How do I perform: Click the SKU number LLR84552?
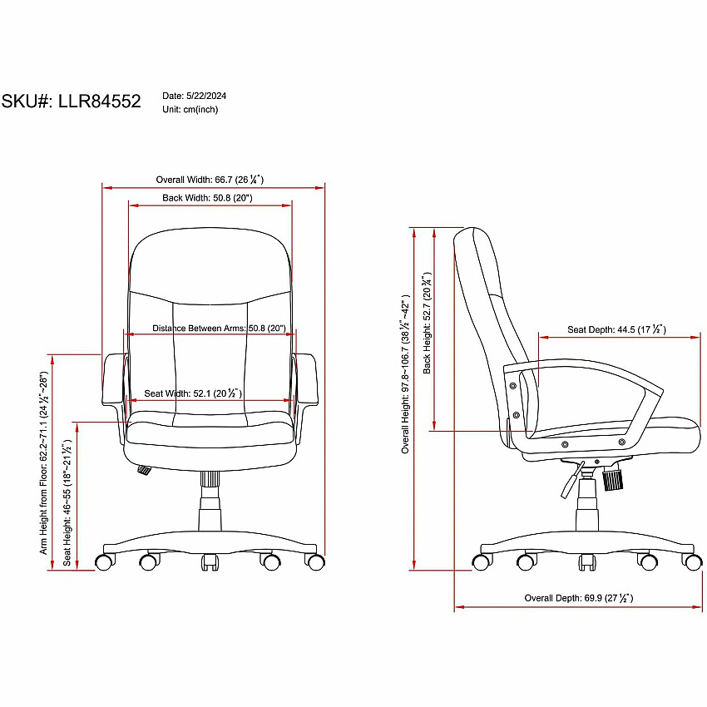click(100, 101)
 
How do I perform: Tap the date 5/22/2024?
click(206, 96)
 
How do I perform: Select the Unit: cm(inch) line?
click(190, 110)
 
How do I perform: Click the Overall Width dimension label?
click(210, 180)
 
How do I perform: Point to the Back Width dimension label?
click(207, 197)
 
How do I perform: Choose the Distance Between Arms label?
click(219, 329)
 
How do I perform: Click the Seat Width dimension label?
click(193, 393)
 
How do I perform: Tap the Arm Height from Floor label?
click(43, 463)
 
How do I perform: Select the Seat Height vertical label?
click(67, 502)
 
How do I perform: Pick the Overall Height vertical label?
click(405, 374)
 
